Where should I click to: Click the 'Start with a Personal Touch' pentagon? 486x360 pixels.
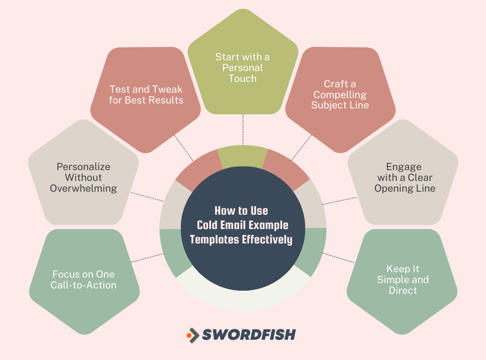[x=243, y=67]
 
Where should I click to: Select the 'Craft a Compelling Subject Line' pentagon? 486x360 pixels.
[x=340, y=97]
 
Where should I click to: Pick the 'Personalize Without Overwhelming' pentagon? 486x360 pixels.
[x=83, y=178]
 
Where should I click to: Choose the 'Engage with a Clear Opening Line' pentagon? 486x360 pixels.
[x=404, y=178]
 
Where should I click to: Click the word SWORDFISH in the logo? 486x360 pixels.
[x=249, y=334]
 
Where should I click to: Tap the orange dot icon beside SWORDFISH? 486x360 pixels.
[x=189, y=335]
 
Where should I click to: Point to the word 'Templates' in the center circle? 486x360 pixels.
[x=214, y=239]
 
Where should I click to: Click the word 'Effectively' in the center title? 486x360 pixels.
[x=267, y=239]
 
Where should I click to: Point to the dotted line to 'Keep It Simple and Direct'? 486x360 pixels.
[x=338, y=257]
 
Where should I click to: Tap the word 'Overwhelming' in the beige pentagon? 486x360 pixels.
[x=83, y=188]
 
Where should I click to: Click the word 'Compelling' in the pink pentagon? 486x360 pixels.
[x=340, y=94]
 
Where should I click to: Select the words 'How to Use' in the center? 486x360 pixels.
[x=241, y=211]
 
